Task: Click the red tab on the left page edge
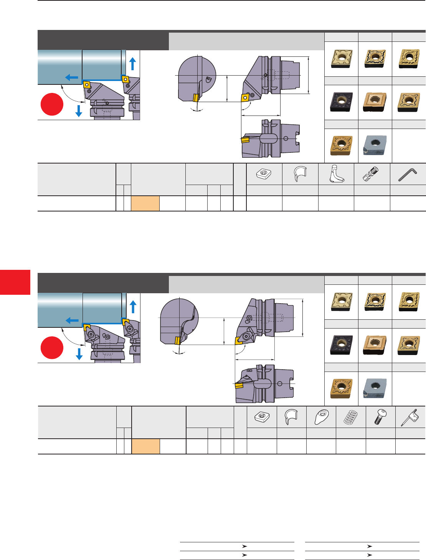click(x=15, y=282)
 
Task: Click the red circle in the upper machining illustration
click(x=52, y=104)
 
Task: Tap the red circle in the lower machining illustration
click(x=52, y=348)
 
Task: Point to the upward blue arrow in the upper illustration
click(x=133, y=63)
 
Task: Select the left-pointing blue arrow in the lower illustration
click(x=72, y=320)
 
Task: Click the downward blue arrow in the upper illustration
click(x=79, y=111)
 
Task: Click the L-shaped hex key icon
click(x=408, y=174)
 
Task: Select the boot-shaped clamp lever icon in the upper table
click(x=336, y=174)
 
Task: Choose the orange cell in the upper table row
click(x=145, y=203)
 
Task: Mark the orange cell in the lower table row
click(x=145, y=446)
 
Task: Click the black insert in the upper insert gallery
click(x=341, y=102)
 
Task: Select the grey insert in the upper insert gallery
click(x=375, y=145)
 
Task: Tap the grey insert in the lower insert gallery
click(x=375, y=388)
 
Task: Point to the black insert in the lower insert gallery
click(x=341, y=345)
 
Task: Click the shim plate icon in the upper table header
click(x=264, y=174)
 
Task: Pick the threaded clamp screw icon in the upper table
click(x=371, y=174)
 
